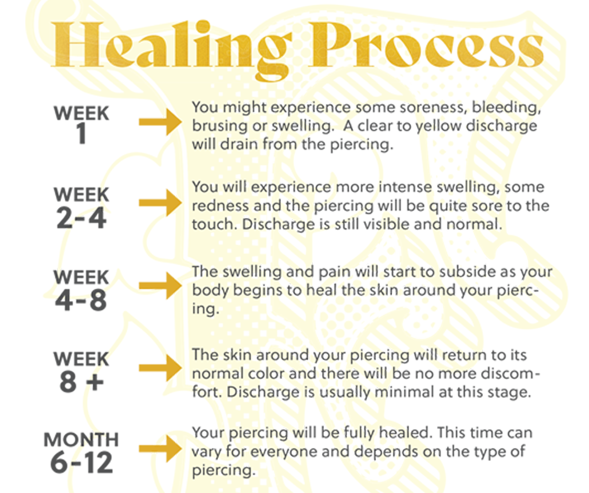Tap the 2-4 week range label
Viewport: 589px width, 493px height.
tap(81, 218)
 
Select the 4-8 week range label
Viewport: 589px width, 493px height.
tap(81, 300)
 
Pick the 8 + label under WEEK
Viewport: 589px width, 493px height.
tap(81, 382)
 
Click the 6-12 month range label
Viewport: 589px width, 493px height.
tap(81, 463)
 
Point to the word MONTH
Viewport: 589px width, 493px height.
tap(81, 439)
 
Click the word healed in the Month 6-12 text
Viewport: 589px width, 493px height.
tap(404, 433)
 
